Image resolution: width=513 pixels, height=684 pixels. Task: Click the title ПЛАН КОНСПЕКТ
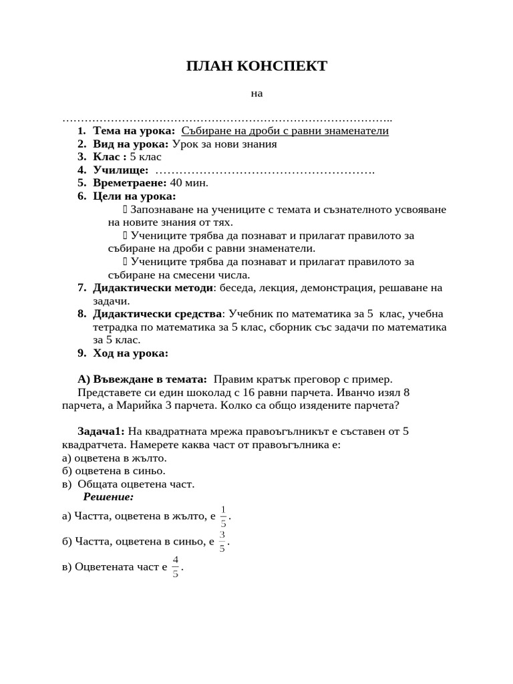click(256, 65)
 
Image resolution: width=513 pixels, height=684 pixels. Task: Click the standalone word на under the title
click(257, 94)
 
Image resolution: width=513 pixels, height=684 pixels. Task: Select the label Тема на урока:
click(134, 131)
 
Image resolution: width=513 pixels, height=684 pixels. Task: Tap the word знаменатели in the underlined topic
click(357, 131)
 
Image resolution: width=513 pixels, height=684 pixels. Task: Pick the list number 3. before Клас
click(81, 157)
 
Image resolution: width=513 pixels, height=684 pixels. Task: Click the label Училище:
click(120, 170)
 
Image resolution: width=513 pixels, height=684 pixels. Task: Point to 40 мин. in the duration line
click(189, 183)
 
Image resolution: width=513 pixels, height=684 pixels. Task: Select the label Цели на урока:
click(134, 196)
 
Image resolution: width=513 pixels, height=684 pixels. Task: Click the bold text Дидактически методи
click(153, 288)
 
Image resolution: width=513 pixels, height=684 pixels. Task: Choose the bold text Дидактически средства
click(157, 314)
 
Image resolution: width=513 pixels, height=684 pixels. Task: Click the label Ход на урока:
click(130, 353)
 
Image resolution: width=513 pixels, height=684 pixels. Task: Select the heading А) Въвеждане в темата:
click(142, 379)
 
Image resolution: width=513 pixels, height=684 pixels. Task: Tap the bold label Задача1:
click(101, 432)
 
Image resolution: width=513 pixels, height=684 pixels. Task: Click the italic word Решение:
click(108, 497)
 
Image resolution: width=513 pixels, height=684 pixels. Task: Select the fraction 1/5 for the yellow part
click(224, 516)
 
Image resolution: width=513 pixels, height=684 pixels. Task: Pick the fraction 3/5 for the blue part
click(222, 542)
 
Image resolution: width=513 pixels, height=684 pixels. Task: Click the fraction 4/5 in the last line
click(176, 566)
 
